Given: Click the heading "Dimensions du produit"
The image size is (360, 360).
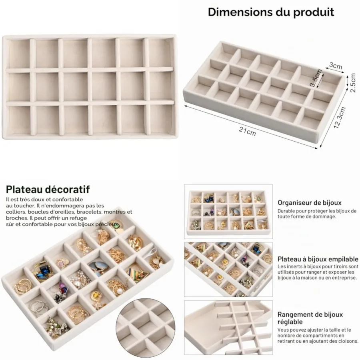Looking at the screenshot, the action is pyautogui.click(x=271, y=12).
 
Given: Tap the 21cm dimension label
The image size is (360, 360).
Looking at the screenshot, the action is pyautogui.click(x=247, y=131).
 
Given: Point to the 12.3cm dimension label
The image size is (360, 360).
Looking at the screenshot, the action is pyautogui.click(x=340, y=118).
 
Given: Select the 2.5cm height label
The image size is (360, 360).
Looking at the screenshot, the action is pyautogui.click(x=353, y=83).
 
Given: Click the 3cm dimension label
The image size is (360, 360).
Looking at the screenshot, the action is pyautogui.click(x=336, y=66).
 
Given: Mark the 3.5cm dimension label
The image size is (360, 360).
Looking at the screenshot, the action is pyautogui.click(x=316, y=78).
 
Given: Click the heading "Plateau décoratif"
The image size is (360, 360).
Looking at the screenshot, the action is pyautogui.click(x=48, y=190).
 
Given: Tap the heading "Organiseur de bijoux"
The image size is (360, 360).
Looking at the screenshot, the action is pyautogui.click(x=310, y=203).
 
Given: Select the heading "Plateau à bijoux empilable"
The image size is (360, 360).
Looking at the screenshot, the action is pyautogui.click(x=318, y=259).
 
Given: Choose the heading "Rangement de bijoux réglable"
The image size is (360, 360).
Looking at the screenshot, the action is pyautogui.click(x=310, y=318).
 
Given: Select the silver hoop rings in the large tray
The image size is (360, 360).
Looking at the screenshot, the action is pyautogui.click(x=40, y=307).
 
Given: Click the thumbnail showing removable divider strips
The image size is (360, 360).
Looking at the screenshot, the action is pyautogui.click(x=228, y=327).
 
